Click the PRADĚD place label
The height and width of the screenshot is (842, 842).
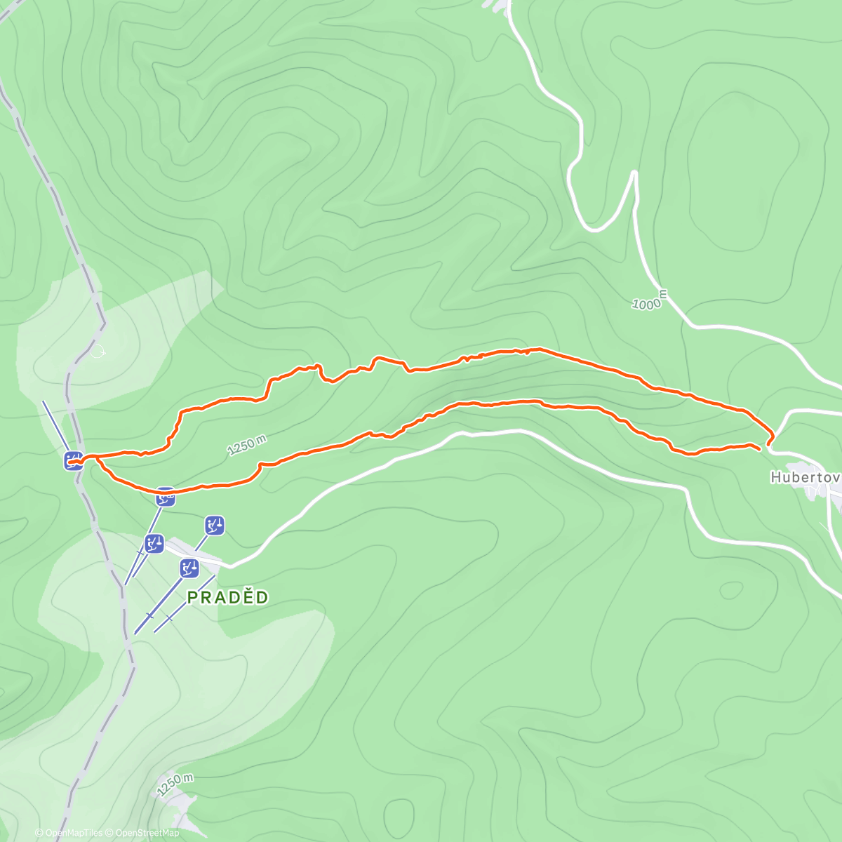228,597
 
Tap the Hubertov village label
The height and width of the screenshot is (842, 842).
806,477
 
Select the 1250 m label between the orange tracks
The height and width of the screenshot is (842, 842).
247,446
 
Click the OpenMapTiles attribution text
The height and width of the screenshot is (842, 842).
74,833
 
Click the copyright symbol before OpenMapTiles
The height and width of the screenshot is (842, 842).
39,833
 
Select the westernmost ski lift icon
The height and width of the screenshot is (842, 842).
74,461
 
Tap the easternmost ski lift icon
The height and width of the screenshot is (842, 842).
215,525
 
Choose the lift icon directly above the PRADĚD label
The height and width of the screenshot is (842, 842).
189,568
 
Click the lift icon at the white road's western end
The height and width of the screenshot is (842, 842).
154,543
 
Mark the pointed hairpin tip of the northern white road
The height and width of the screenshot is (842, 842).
634,172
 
